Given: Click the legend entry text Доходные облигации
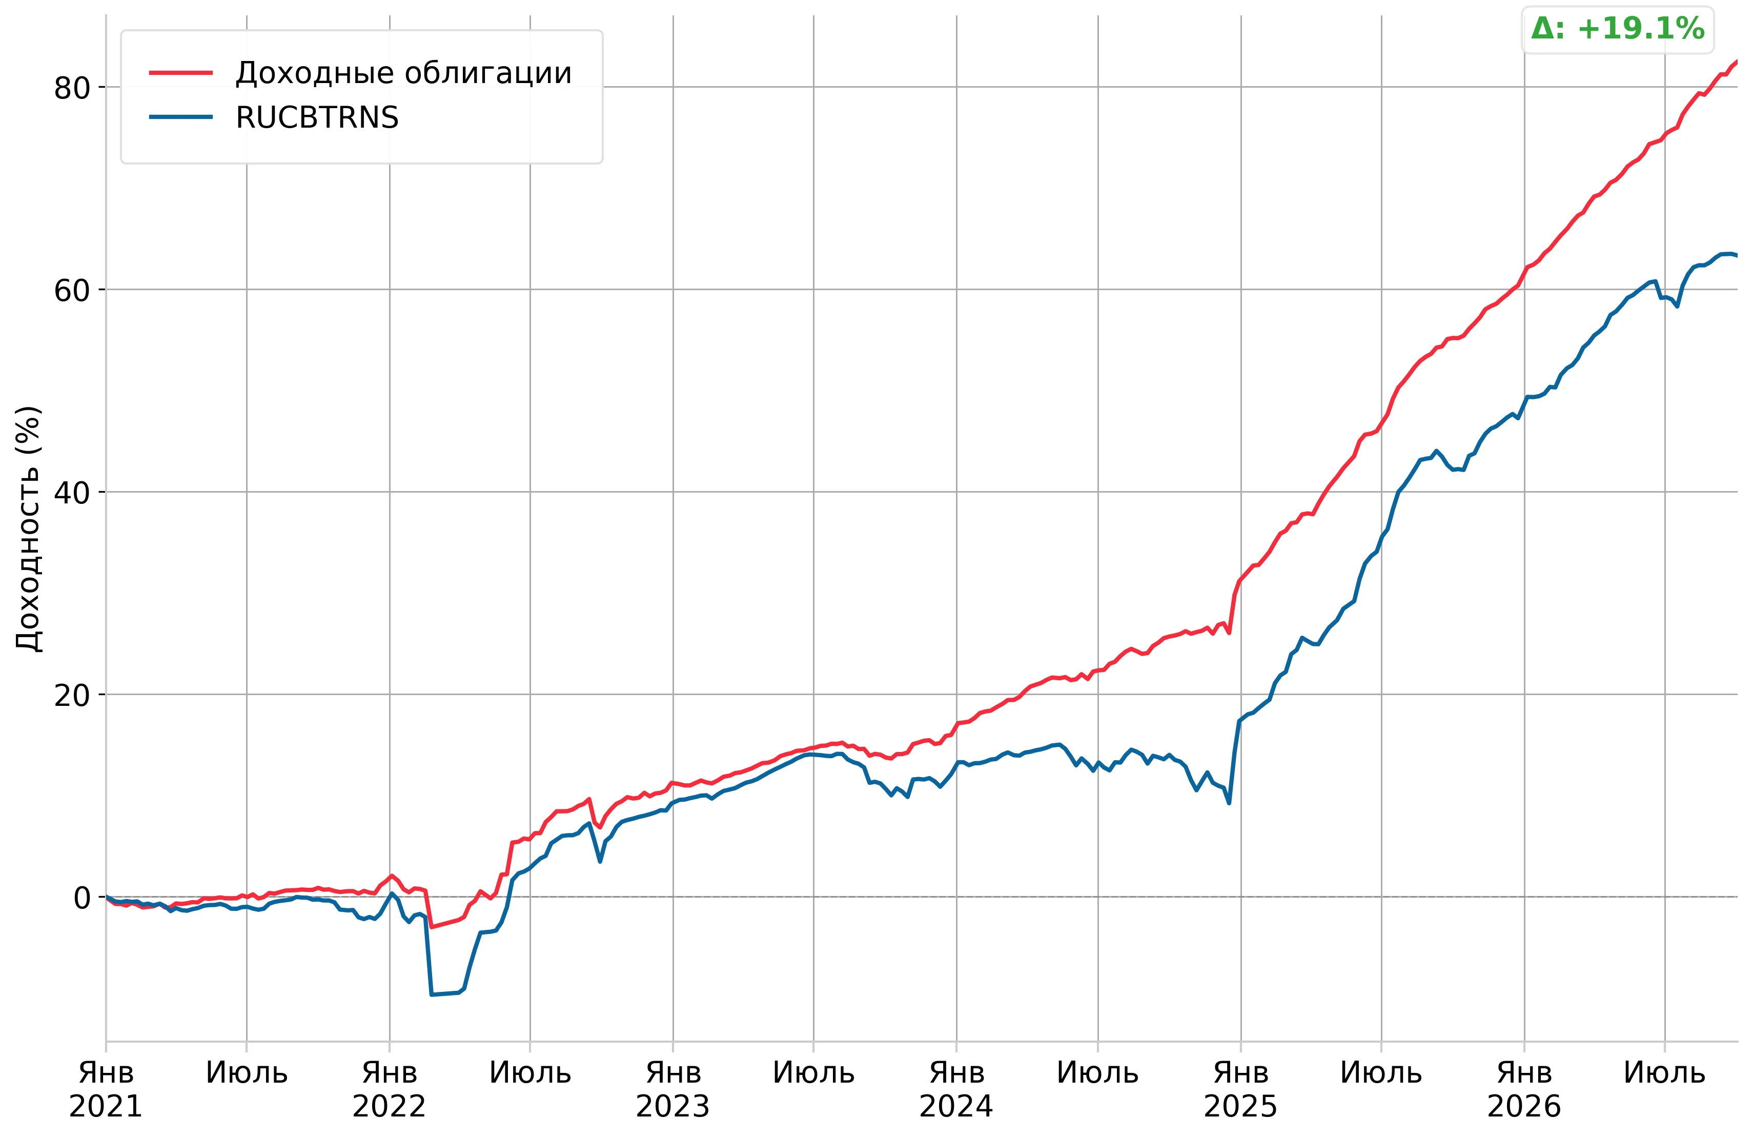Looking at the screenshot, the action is pyautogui.click(x=403, y=73).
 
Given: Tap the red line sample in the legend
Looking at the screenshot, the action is pyautogui.click(x=180, y=73).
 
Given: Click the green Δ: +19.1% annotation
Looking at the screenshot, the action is pyautogui.click(x=1618, y=29).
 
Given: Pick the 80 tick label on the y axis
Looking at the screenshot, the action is pyautogui.click(x=71, y=88).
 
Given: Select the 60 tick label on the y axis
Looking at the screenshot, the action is pyautogui.click(x=71, y=290).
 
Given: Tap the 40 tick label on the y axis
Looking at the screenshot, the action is pyautogui.click(x=71, y=493).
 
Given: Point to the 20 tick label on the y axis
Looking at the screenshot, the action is pyautogui.click(x=71, y=695).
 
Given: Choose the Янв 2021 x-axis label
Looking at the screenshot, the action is pyautogui.click(x=106, y=1089).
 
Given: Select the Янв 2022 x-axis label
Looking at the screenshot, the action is pyautogui.click(x=389, y=1089).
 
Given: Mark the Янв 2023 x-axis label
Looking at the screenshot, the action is pyautogui.click(x=672, y=1089).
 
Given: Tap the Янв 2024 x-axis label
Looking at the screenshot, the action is pyautogui.click(x=956, y=1089).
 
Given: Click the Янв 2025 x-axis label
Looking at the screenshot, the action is pyautogui.click(x=1240, y=1089).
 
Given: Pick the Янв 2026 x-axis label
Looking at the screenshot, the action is pyautogui.click(x=1524, y=1089).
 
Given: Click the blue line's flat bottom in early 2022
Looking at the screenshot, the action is pyautogui.click(x=445, y=993).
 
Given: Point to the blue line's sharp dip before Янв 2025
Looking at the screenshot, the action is pyautogui.click(x=1229, y=802).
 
